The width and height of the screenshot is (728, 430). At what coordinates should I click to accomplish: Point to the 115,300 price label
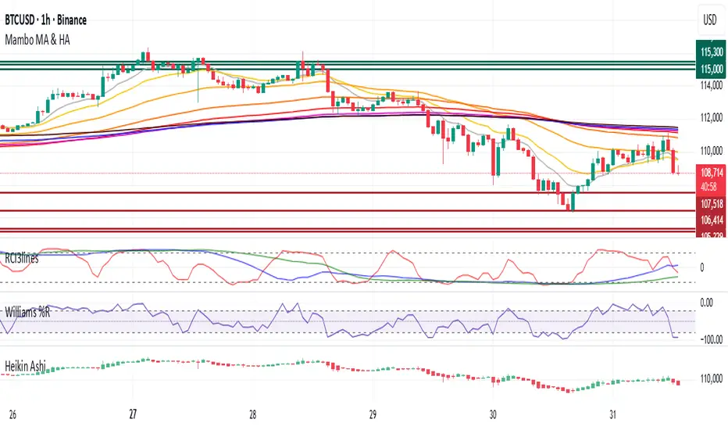(x=710, y=52)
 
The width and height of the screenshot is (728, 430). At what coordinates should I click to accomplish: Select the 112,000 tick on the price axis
(x=710, y=118)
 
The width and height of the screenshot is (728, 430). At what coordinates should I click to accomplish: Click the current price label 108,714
(x=710, y=170)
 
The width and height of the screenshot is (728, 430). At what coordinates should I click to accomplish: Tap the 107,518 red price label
(x=710, y=202)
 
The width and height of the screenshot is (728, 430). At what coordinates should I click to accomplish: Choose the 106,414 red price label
(x=710, y=220)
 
